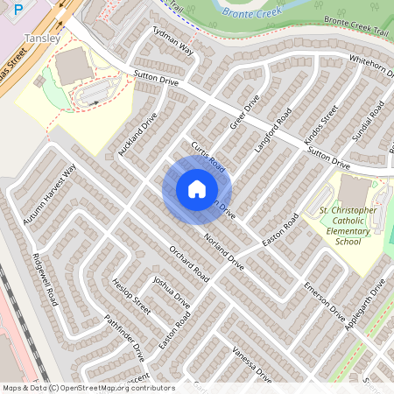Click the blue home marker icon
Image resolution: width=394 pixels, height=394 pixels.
click(197, 188)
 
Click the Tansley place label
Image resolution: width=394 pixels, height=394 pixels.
click(42, 39)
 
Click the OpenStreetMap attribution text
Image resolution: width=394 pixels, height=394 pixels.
click(88, 387)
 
